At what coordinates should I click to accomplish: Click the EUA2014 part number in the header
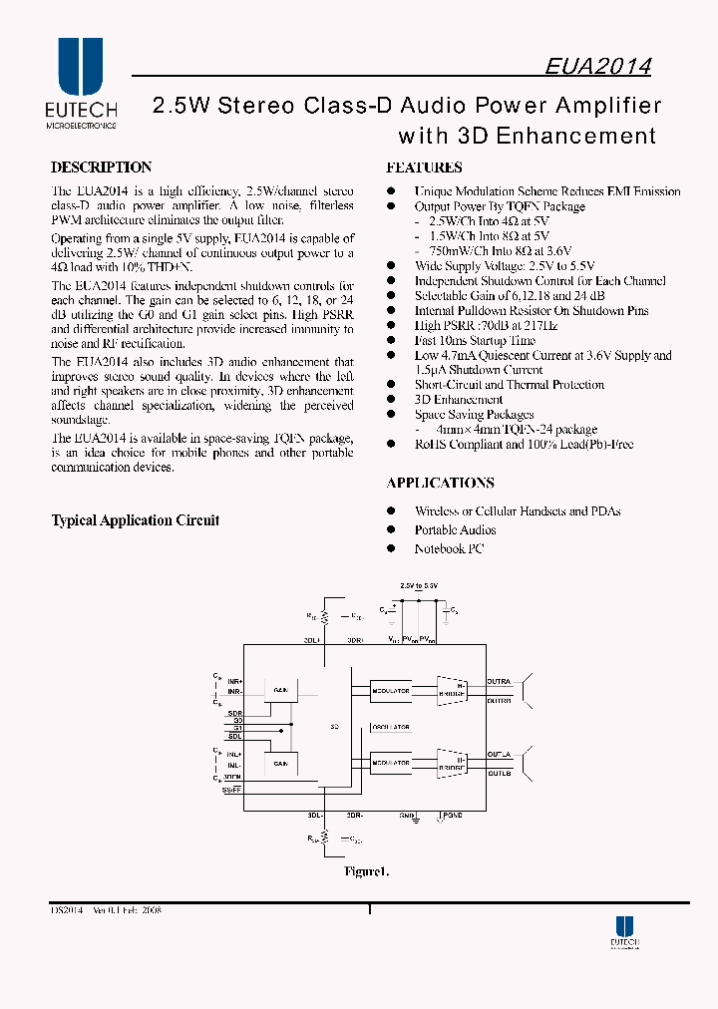[598, 66]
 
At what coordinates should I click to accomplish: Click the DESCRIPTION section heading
[102, 168]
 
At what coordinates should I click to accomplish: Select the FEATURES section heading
[424, 168]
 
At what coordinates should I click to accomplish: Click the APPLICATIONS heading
[440, 483]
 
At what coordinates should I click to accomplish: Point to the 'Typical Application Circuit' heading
[135, 520]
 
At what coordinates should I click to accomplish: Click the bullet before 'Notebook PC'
[391, 549]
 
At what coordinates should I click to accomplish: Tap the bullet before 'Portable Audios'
[391, 530]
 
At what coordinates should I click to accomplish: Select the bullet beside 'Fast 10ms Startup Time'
[391, 340]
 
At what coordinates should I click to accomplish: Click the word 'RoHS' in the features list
[431, 445]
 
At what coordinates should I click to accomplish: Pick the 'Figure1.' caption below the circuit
[365, 872]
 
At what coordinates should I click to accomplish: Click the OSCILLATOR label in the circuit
[390, 728]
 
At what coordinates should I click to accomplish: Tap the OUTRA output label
[499, 682]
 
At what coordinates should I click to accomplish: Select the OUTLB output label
[499, 773]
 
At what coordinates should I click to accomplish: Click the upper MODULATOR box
[390, 690]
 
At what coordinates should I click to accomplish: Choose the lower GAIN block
[281, 763]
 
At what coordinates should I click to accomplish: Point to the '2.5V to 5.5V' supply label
[419, 586]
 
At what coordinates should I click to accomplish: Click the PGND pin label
[453, 815]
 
